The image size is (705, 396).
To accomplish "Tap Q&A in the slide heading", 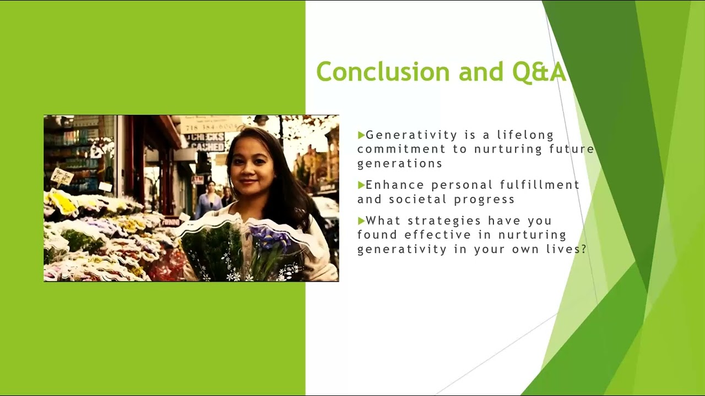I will (539, 72).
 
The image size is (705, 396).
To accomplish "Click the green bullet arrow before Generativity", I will (361, 135).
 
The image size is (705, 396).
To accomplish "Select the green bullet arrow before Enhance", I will (361, 185).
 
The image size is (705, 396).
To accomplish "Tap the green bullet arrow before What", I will (361, 221).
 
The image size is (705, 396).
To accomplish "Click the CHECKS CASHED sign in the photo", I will (206, 142).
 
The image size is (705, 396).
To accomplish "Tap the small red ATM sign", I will (197, 180).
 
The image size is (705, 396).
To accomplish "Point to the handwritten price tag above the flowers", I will (62, 177).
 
